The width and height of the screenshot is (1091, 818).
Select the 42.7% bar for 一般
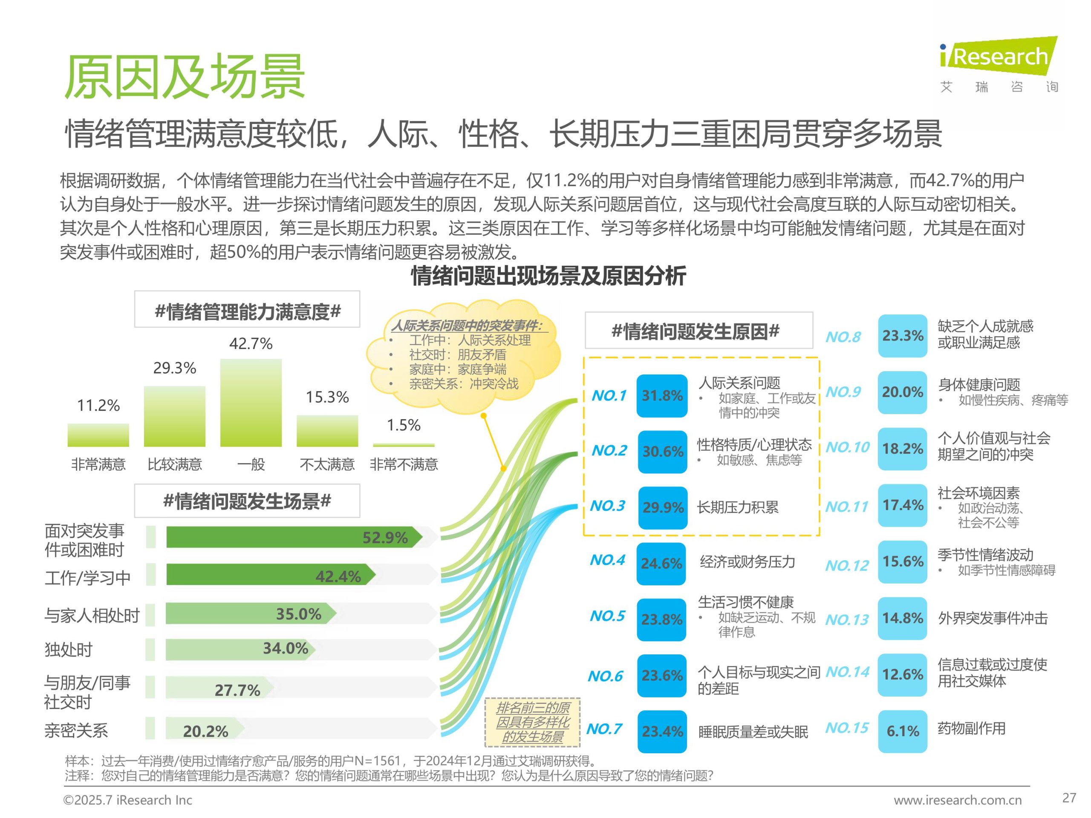251,403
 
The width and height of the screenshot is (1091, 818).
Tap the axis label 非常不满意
404,464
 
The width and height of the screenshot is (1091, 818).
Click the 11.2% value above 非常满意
98,405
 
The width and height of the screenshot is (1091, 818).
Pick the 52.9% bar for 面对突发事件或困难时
294,537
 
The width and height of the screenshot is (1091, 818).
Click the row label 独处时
69,649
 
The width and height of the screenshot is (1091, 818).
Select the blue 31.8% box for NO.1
661,396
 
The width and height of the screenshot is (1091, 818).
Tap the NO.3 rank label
608,506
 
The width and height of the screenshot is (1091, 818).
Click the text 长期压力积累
737,507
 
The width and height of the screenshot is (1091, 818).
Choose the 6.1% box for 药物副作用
902,731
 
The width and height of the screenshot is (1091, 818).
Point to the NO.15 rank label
846,728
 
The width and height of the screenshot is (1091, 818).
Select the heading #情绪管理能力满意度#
247,311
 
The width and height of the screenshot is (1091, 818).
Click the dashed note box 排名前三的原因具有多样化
532,722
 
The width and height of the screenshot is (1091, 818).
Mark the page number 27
1069,798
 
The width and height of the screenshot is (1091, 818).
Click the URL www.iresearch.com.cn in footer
957,800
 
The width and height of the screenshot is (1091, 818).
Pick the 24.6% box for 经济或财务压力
661,564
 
